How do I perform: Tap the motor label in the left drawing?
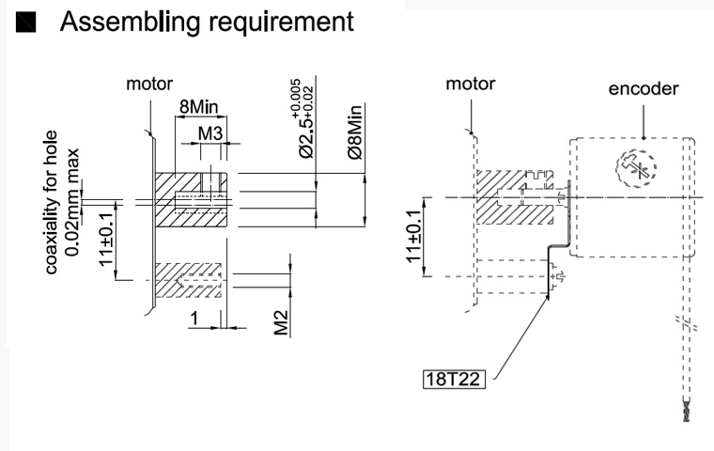pyautogui.click(x=149, y=85)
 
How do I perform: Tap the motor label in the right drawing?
pyautogui.click(x=470, y=84)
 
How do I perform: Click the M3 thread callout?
pyautogui.click(x=210, y=133)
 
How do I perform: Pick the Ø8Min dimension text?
pyautogui.click(x=356, y=131)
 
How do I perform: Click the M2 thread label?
pyautogui.click(x=280, y=323)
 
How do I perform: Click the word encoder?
pyautogui.click(x=644, y=89)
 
